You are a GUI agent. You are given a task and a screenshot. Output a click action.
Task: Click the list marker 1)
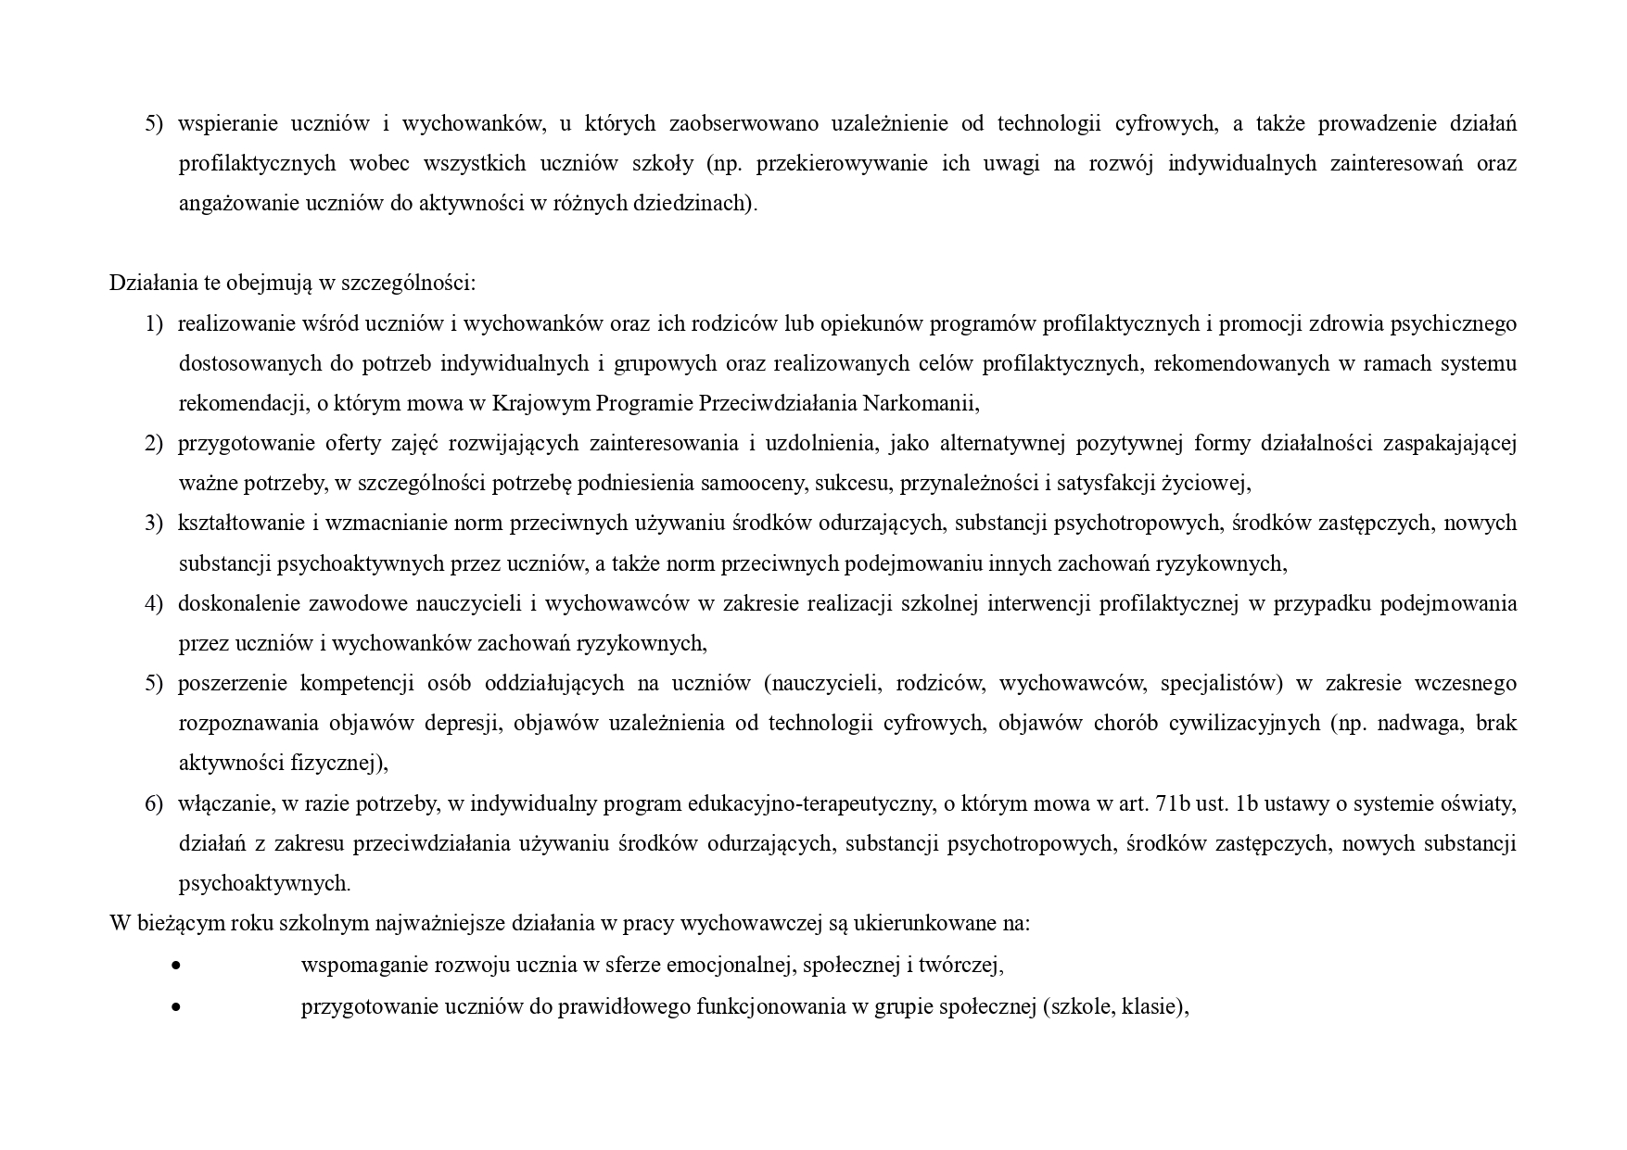154,323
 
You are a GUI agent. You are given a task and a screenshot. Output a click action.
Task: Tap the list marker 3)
154,523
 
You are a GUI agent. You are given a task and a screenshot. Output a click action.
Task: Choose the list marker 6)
154,803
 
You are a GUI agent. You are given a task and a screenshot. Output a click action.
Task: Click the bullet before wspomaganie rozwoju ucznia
176,966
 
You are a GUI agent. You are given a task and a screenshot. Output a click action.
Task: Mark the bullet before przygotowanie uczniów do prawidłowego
176,1007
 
